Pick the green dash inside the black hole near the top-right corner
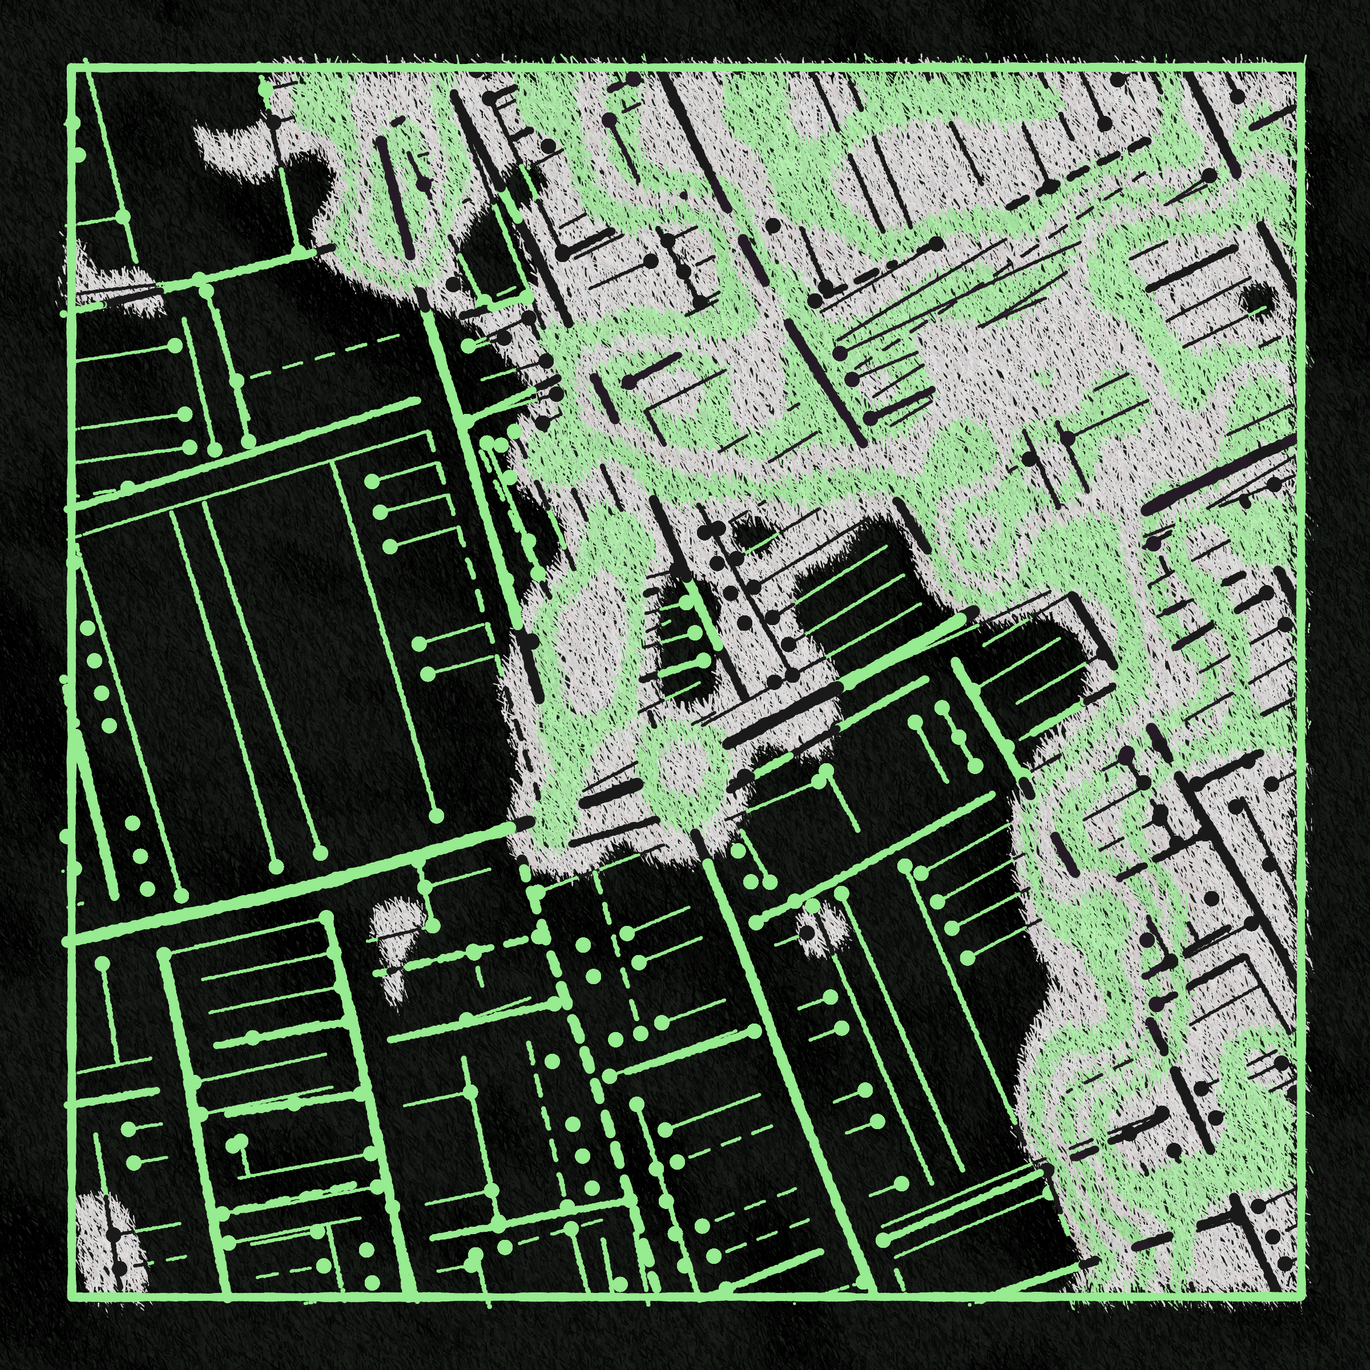point(1259,310)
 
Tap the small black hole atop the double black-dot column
point(744,528)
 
